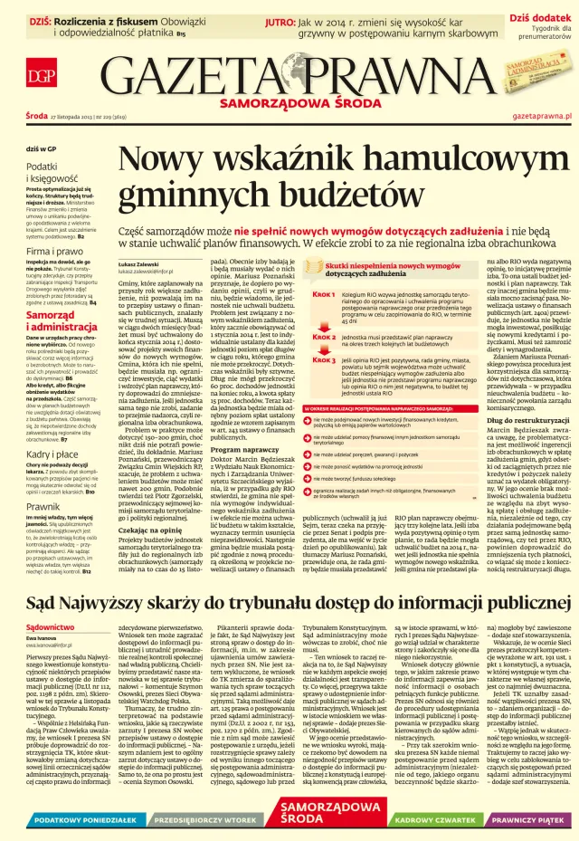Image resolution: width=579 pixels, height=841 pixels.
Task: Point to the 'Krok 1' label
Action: click(324, 294)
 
